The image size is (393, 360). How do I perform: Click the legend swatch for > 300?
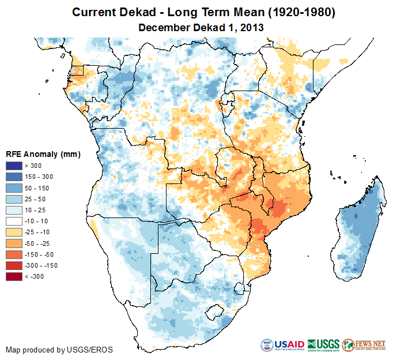pos(14,166)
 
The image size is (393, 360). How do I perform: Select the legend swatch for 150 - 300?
pos(14,177)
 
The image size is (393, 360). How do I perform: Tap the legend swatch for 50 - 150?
pos(14,188)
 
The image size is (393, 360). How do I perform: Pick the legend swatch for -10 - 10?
pos(14,222)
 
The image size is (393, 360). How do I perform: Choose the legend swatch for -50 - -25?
pos(14,243)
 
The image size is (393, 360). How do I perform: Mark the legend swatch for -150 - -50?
pos(14,254)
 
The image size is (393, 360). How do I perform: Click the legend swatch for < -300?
pos(14,277)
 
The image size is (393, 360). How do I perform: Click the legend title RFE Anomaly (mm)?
pos(43,155)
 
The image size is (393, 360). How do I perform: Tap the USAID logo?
pos(282,345)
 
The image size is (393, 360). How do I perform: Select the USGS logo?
pos(323,345)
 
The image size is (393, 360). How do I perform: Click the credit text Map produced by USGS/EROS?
pos(59,350)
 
